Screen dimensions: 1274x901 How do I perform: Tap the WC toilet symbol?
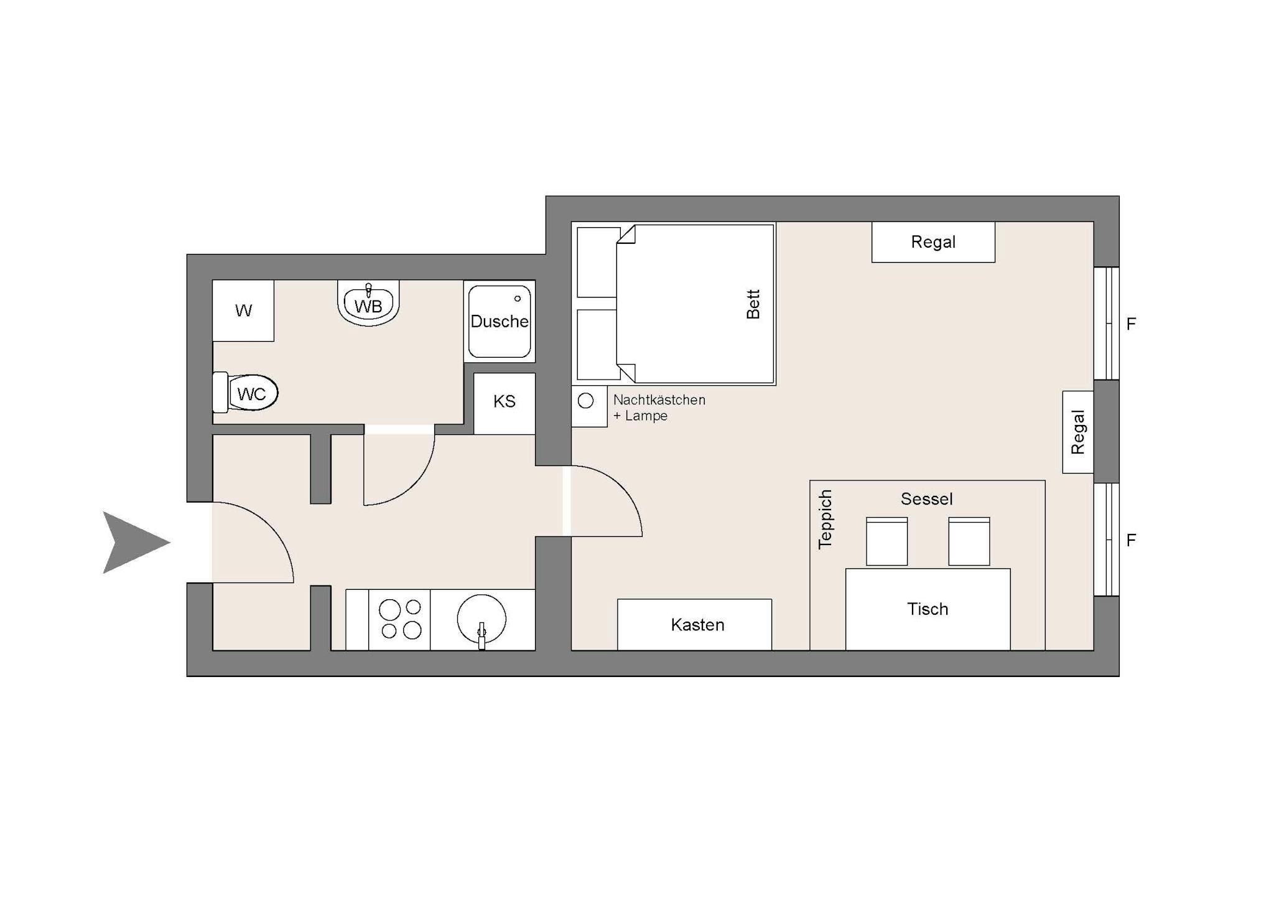(245, 393)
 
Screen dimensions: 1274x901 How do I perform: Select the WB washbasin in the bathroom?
(368, 303)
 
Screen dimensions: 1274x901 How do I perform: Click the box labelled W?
(243, 310)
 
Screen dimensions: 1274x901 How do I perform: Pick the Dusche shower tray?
(500, 321)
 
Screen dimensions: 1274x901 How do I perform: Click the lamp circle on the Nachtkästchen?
(585, 401)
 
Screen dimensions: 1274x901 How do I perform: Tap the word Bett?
(753, 304)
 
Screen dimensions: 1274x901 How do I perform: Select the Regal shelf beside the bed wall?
(933, 242)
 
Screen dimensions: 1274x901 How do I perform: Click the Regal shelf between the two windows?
(1078, 432)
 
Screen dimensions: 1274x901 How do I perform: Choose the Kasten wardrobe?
(694, 625)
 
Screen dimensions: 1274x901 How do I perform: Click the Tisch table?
(928, 609)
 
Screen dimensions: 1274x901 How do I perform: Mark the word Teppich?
(825, 520)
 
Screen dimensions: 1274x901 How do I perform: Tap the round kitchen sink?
(481, 619)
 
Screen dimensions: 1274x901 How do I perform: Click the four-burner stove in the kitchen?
(399, 620)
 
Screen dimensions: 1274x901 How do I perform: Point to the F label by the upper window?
(1132, 324)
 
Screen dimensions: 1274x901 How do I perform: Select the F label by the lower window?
(1132, 540)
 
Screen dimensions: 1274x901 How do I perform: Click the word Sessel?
(927, 498)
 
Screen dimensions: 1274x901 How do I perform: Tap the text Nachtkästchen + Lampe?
(659, 408)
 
